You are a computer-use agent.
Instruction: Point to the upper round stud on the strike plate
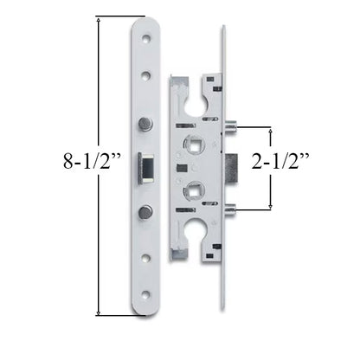click(146, 124)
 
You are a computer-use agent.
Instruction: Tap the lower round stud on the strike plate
click(146, 210)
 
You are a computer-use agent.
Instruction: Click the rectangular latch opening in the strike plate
click(146, 167)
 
